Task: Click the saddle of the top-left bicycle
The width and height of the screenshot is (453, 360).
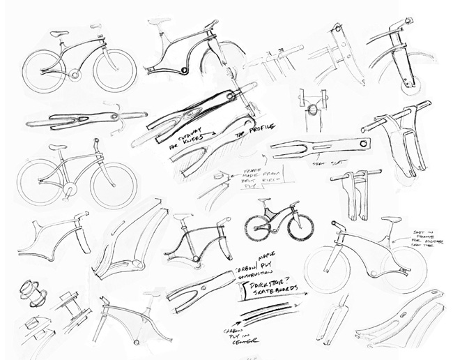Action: (59, 33)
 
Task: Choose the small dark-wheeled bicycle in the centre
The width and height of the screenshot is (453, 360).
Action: (278, 218)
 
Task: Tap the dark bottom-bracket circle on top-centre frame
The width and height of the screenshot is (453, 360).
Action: (183, 70)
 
